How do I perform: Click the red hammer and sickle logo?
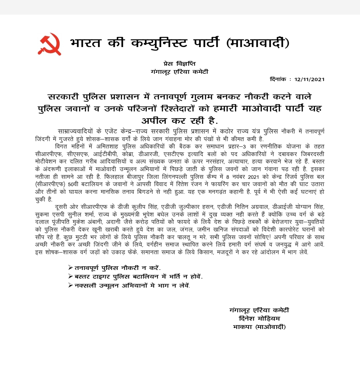[49, 44]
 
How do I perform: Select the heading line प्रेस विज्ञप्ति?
[179, 63]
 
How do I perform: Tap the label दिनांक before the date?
[278, 79]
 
